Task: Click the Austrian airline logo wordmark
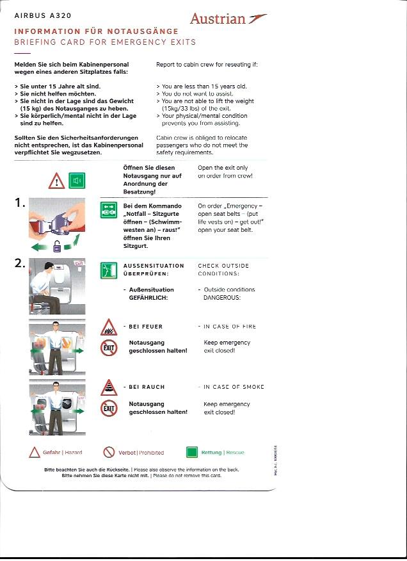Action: pos(218,19)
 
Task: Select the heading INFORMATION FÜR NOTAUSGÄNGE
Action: pos(97,31)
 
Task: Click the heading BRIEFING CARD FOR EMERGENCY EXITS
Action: pos(105,42)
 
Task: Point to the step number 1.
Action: pos(20,204)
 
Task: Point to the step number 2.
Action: pos(20,263)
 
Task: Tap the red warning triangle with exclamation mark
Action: pos(56,182)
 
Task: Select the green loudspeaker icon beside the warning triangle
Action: pos(77,181)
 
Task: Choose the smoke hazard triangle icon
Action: pos(108,388)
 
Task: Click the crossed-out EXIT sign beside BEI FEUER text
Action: pos(108,348)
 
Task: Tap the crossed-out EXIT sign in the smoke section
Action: pos(108,408)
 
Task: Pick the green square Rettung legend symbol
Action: pos(191,452)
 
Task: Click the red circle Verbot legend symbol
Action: pos(109,452)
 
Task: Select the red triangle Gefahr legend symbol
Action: pos(35,452)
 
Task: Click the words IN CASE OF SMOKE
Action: pos(234,387)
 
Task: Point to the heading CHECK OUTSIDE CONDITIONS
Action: pos(223,270)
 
